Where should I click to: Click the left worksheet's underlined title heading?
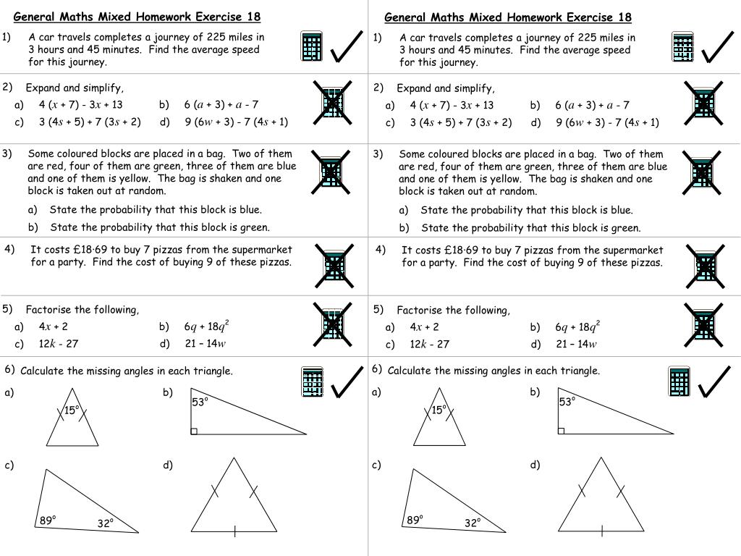(x=137, y=17)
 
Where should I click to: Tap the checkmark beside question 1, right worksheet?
(x=719, y=49)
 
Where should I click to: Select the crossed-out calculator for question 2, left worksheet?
(x=332, y=104)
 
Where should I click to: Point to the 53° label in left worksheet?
(x=200, y=402)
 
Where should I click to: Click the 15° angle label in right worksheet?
(x=438, y=410)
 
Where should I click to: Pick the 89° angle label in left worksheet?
(x=48, y=520)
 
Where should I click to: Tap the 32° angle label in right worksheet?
(x=473, y=523)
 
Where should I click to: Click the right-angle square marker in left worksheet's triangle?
(x=194, y=431)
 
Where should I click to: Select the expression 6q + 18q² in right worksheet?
(x=578, y=326)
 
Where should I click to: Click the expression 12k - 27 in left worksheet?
(x=59, y=344)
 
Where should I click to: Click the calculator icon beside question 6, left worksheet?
(x=312, y=382)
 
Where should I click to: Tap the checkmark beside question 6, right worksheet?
(x=714, y=382)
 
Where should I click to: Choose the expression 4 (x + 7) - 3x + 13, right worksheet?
(x=452, y=105)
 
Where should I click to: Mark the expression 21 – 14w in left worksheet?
(x=206, y=344)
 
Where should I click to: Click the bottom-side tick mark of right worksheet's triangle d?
(x=602, y=532)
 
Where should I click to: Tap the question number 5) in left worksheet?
(x=8, y=309)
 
